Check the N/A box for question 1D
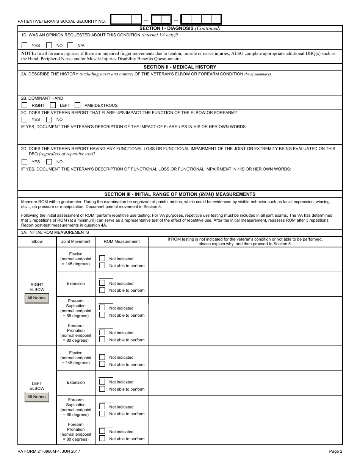(70, 45)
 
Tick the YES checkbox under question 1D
(25, 45)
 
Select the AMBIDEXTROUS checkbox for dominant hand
(78, 105)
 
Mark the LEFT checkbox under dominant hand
(53, 105)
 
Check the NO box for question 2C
(49, 119)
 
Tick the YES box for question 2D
(25, 161)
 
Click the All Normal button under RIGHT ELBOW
(37, 298)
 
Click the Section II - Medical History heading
(180, 67)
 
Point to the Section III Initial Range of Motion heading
(180, 194)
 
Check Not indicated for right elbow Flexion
(102, 258)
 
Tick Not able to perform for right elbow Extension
(102, 290)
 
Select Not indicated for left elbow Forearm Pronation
(102, 431)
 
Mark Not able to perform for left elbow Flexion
(102, 364)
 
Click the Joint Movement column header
(76, 241)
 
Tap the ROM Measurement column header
(122, 241)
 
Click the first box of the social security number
(116, 19)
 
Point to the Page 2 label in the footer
(335, 451)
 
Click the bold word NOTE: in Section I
(29, 53)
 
